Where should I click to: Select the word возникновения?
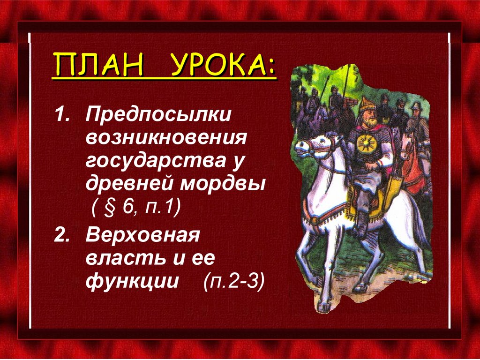[166, 138]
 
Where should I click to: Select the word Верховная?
[143, 235]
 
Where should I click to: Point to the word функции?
[132, 282]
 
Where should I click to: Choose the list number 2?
[61, 235]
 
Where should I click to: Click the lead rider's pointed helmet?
[367, 104]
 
